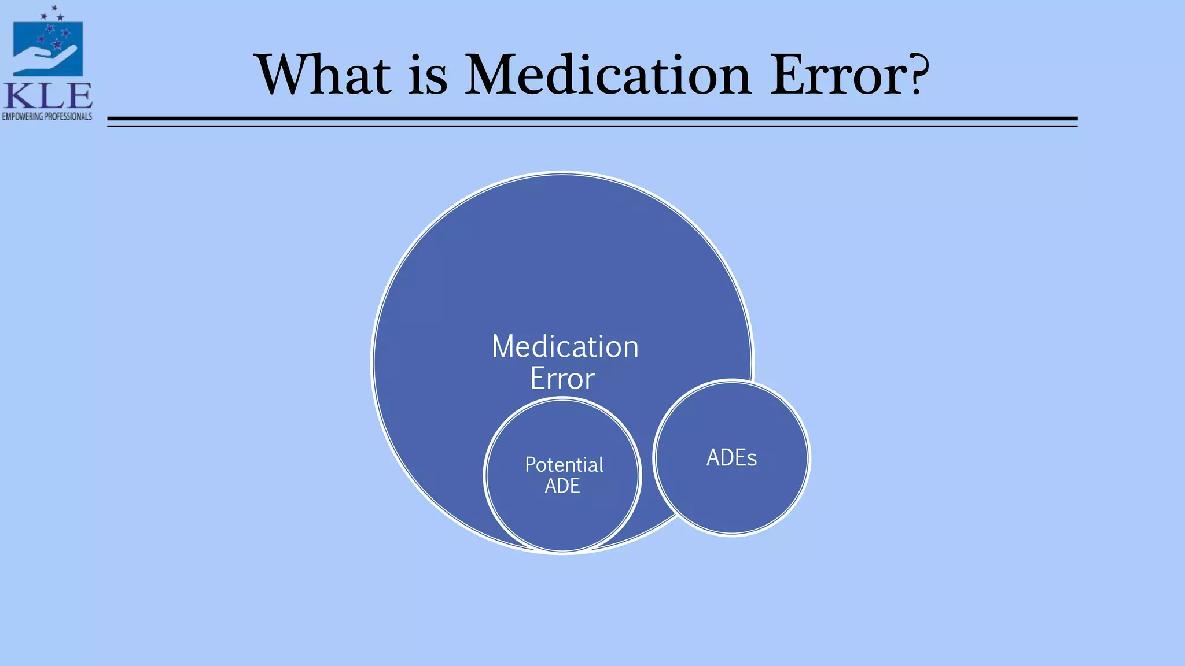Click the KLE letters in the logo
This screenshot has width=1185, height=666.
[x=47, y=96]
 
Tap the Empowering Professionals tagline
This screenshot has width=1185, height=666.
[x=47, y=116]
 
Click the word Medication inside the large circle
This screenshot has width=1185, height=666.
[x=565, y=347]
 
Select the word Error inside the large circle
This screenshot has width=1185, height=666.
[x=562, y=379]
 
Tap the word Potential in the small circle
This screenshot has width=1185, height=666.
[x=564, y=465]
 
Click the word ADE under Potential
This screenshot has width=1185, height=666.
[x=562, y=486]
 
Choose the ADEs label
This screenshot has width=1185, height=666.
[x=731, y=458]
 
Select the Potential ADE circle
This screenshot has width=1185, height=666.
[x=562, y=520]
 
